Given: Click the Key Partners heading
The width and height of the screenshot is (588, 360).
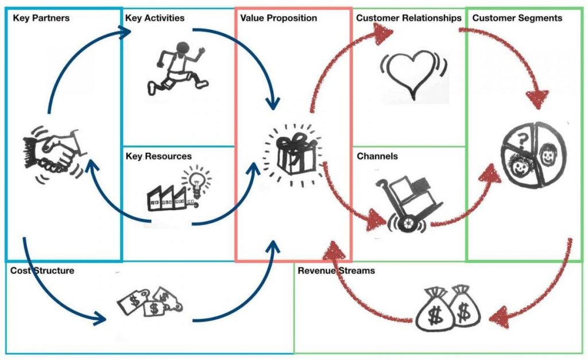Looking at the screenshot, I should (x=41, y=18).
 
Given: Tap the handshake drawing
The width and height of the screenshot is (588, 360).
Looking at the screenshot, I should (x=52, y=154).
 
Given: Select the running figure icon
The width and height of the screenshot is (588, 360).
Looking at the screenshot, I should (x=175, y=68).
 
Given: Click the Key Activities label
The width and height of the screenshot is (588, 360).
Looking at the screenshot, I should (x=154, y=18).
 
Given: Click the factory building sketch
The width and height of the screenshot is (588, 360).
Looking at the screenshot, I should (x=167, y=197).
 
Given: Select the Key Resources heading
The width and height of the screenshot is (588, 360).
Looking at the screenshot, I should (x=158, y=156).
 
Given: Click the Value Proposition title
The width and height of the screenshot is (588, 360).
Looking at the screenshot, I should (x=278, y=18).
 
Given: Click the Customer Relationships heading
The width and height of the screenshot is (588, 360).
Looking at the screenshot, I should (x=408, y=18).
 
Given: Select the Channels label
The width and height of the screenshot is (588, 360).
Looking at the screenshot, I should (x=377, y=156).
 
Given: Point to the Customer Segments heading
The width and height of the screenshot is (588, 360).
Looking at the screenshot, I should (x=517, y=18).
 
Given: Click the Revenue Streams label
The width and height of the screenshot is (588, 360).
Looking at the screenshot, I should (x=336, y=270).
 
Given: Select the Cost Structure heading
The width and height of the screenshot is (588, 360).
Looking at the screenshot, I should (x=42, y=270).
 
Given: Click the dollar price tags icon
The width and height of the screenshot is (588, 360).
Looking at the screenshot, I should (x=148, y=300).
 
